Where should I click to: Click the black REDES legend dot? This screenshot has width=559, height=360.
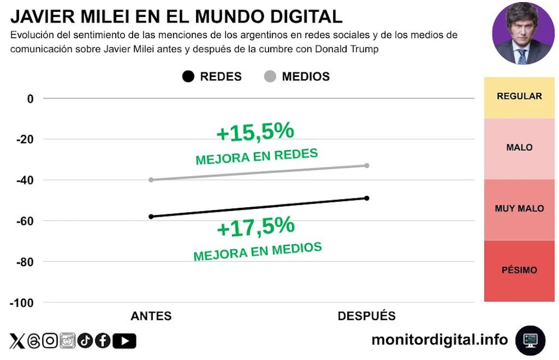188,77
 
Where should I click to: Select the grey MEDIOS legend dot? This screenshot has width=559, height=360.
270,77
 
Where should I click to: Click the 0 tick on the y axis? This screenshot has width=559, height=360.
31,99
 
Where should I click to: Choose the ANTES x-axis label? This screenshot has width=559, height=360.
151,316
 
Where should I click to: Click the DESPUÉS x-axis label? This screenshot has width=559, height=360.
367,316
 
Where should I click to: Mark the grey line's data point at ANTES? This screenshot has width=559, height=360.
151,180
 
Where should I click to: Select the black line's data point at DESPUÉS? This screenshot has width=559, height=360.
367,198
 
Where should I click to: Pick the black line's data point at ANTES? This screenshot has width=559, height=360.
151,217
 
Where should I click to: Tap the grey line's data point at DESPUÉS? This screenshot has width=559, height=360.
367,165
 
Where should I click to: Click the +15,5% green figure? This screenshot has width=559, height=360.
255,132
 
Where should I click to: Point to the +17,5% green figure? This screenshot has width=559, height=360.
256,227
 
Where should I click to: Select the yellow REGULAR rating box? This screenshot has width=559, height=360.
519,97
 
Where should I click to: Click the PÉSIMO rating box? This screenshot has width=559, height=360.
519,271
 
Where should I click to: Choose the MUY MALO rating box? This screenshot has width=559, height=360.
519,209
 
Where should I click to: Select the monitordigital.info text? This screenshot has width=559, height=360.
439,340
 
